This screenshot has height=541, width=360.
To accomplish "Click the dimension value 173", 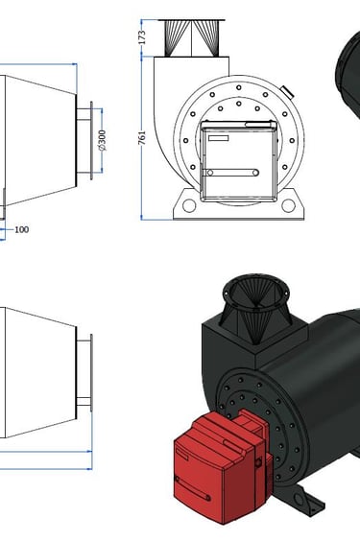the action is tap(142, 37).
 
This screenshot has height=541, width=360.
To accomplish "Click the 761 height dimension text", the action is tap(142, 137).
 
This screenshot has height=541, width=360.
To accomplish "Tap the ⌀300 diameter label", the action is tap(102, 140).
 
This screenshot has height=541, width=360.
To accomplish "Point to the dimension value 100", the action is tap(21, 229).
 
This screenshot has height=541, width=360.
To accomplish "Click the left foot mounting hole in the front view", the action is tap(189, 205).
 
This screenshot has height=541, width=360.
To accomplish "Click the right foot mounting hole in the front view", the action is tap(289, 205).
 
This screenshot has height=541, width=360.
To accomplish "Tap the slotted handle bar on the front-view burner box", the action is tap(230, 173).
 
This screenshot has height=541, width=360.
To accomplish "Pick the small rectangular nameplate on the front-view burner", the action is tap(218, 138).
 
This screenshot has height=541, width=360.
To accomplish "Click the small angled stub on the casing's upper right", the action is tap(287, 92).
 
